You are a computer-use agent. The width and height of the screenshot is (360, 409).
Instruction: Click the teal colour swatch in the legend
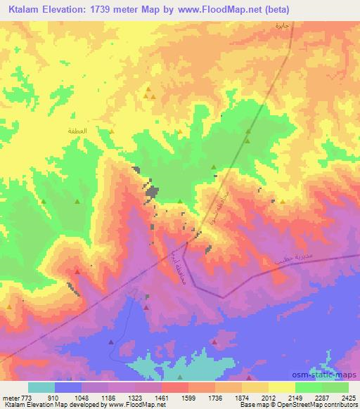point(42,387)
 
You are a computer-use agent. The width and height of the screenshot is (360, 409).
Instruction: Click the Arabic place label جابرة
point(282,26)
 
